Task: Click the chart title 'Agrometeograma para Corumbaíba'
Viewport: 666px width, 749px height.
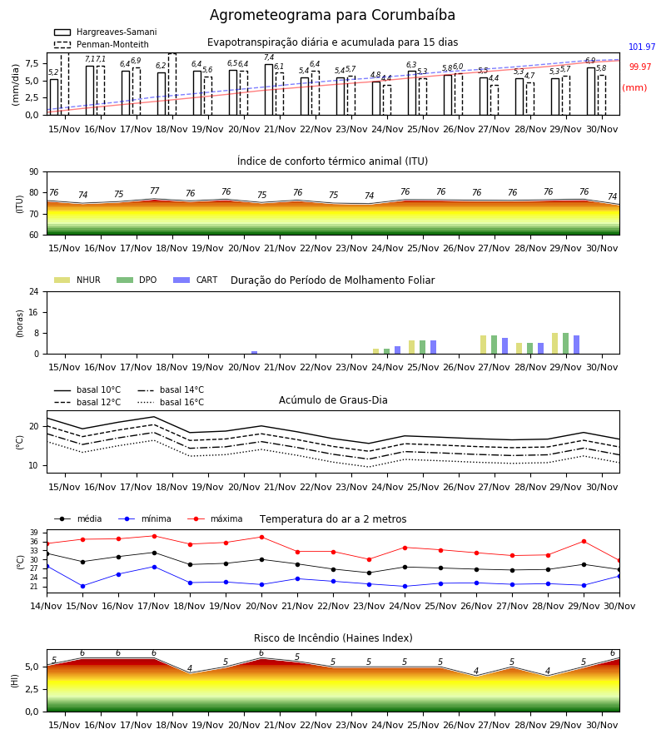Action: click(332, 15)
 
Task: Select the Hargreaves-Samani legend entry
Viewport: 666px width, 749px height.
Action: click(105, 32)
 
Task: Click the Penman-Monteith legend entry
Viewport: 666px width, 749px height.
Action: click(102, 44)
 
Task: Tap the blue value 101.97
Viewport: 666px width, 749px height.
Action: click(642, 47)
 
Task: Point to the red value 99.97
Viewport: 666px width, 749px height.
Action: click(640, 67)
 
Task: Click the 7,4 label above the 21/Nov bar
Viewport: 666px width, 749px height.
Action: click(269, 57)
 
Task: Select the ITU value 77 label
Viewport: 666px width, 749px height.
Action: click(154, 191)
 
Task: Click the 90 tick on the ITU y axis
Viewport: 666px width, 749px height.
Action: click(34, 172)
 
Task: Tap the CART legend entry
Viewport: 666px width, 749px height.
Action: click(195, 280)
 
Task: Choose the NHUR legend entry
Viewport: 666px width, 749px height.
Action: click(77, 280)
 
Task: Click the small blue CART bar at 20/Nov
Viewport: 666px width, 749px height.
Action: click(254, 353)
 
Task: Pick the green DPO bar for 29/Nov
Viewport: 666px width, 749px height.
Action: click(565, 344)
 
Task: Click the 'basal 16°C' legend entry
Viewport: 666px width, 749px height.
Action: click(171, 402)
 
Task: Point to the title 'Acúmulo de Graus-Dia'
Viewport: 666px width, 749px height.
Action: click(333, 400)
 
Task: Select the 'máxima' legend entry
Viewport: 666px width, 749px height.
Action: click(215, 518)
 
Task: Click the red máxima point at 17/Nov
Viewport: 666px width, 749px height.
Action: click(154, 536)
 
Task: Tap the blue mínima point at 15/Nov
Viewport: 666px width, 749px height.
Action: click(82, 586)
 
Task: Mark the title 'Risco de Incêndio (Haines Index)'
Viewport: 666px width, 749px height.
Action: click(333, 638)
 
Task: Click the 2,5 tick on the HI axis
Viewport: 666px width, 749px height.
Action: click(32, 689)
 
